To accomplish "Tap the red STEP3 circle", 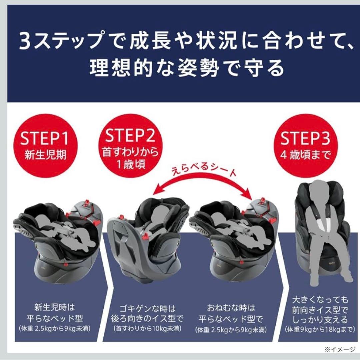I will click(x=305, y=146).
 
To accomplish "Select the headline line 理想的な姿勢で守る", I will click(x=187, y=67).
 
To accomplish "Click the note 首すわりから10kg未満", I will click(x=147, y=329).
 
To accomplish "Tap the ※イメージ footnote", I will click(x=340, y=349).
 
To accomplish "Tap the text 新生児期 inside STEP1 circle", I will click(x=45, y=155).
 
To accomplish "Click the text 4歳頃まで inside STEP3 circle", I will click(x=305, y=155).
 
